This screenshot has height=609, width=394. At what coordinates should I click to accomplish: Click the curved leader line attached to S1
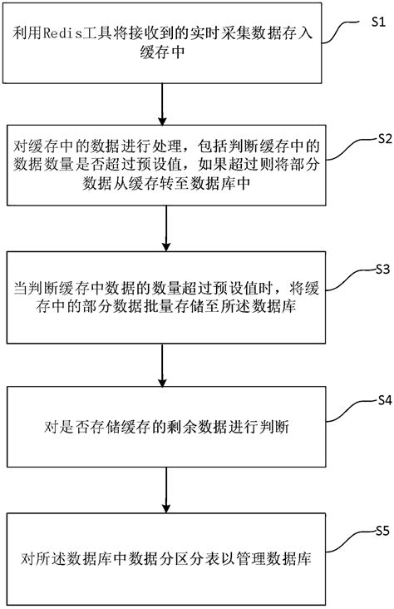click(341, 33)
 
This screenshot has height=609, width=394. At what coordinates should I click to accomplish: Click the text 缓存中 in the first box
click(165, 52)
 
